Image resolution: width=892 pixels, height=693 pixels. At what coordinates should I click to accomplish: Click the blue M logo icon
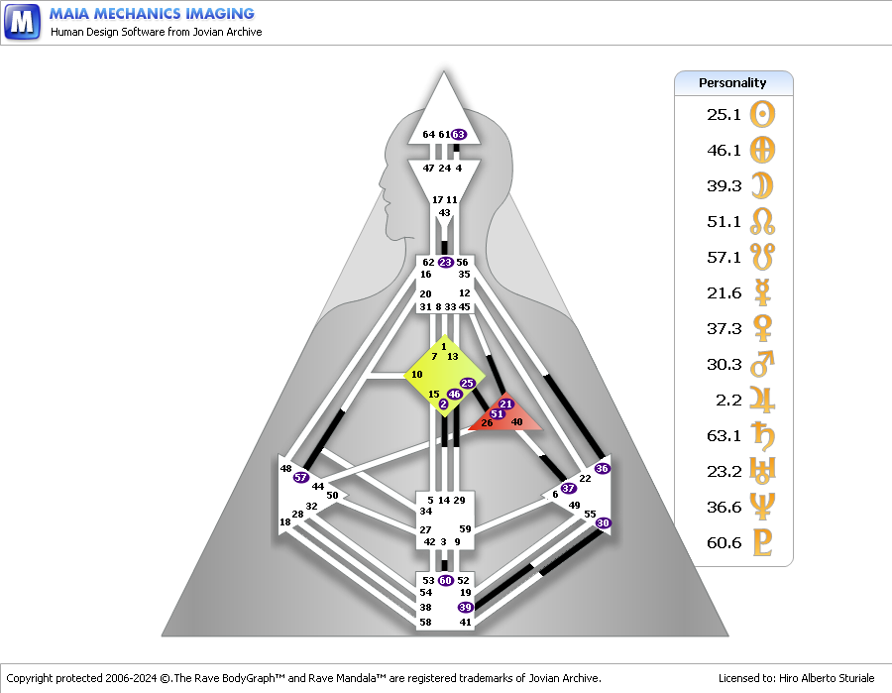[22, 22]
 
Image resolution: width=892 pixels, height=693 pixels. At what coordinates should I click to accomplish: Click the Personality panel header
[732, 83]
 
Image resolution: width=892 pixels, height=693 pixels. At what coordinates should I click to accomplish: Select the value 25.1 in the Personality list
[724, 114]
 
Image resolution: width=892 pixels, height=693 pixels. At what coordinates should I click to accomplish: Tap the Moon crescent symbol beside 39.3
[762, 185]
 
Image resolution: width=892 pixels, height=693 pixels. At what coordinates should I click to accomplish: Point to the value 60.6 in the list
[724, 542]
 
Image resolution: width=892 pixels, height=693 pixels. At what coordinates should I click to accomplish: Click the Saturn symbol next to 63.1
[762, 435]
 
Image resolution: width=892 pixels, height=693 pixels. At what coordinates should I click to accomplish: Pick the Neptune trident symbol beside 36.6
[762, 507]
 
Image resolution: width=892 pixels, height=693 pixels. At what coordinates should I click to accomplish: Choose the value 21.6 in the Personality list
[724, 292]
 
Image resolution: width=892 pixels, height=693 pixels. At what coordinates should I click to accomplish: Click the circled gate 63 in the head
[459, 134]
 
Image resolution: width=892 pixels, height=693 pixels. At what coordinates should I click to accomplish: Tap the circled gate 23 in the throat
[445, 262]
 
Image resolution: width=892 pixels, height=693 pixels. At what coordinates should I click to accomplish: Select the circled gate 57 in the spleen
[301, 478]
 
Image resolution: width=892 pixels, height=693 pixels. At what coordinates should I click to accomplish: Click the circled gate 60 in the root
[445, 580]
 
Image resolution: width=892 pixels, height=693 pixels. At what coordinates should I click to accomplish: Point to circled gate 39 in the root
[465, 607]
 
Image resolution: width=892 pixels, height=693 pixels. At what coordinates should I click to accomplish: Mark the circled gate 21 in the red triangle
[505, 404]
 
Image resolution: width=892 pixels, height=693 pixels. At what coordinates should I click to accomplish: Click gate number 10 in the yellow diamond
[417, 374]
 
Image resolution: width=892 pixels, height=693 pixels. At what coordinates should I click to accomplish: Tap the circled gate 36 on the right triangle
[602, 468]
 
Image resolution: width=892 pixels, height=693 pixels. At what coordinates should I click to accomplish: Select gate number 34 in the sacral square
[425, 512]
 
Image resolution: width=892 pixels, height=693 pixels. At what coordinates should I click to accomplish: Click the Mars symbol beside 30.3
[762, 364]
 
